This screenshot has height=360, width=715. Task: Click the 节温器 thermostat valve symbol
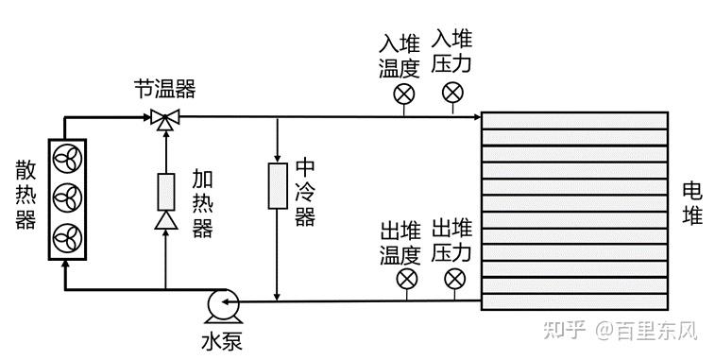[165, 119]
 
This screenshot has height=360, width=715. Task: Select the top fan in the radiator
[67, 159]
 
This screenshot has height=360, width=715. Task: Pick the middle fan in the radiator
[67, 198]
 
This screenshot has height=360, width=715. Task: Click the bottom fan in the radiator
[67, 238]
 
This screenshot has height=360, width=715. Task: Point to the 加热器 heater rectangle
[166, 192]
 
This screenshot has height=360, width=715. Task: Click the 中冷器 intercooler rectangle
[278, 186]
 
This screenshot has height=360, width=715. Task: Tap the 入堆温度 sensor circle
[404, 94]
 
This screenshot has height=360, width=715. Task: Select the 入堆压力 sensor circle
[452, 93]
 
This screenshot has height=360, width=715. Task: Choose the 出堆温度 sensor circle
[407, 279]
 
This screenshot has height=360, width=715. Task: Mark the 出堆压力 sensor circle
[454, 279]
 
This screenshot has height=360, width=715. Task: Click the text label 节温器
[164, 89]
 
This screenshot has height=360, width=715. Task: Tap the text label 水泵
[222, 342]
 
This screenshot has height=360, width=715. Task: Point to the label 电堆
[692, 203]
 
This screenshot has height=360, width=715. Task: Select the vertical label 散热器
[26, 195]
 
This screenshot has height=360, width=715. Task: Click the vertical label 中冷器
[304, 193]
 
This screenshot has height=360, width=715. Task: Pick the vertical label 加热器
[202, 203]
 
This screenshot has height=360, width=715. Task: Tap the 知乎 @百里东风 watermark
[621, 330]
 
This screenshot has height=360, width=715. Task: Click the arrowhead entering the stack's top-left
[477, 117]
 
